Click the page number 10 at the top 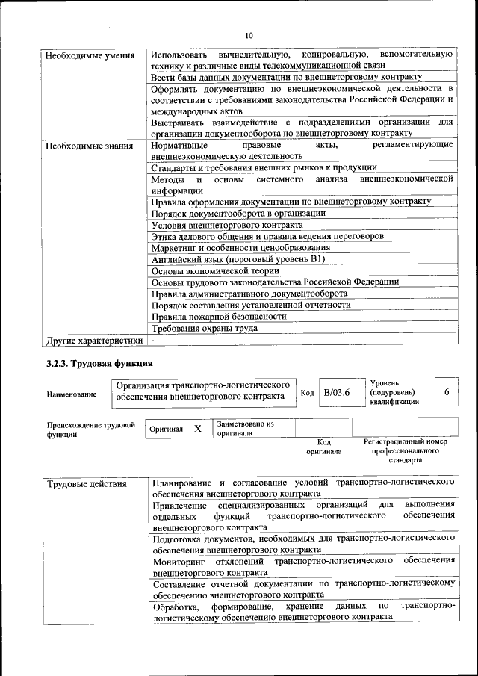pyautogui.click(x=249, y=34)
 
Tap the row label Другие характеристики pyautogui.click(x=93, y=341)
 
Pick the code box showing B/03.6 pyautogui.click(x=337, y=392)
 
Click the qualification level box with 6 pyautogui.click(x=446, y=392)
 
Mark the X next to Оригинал pyautogui.click(x=197, y=430)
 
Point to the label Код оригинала pyautogui.click(x=323, y=447)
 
